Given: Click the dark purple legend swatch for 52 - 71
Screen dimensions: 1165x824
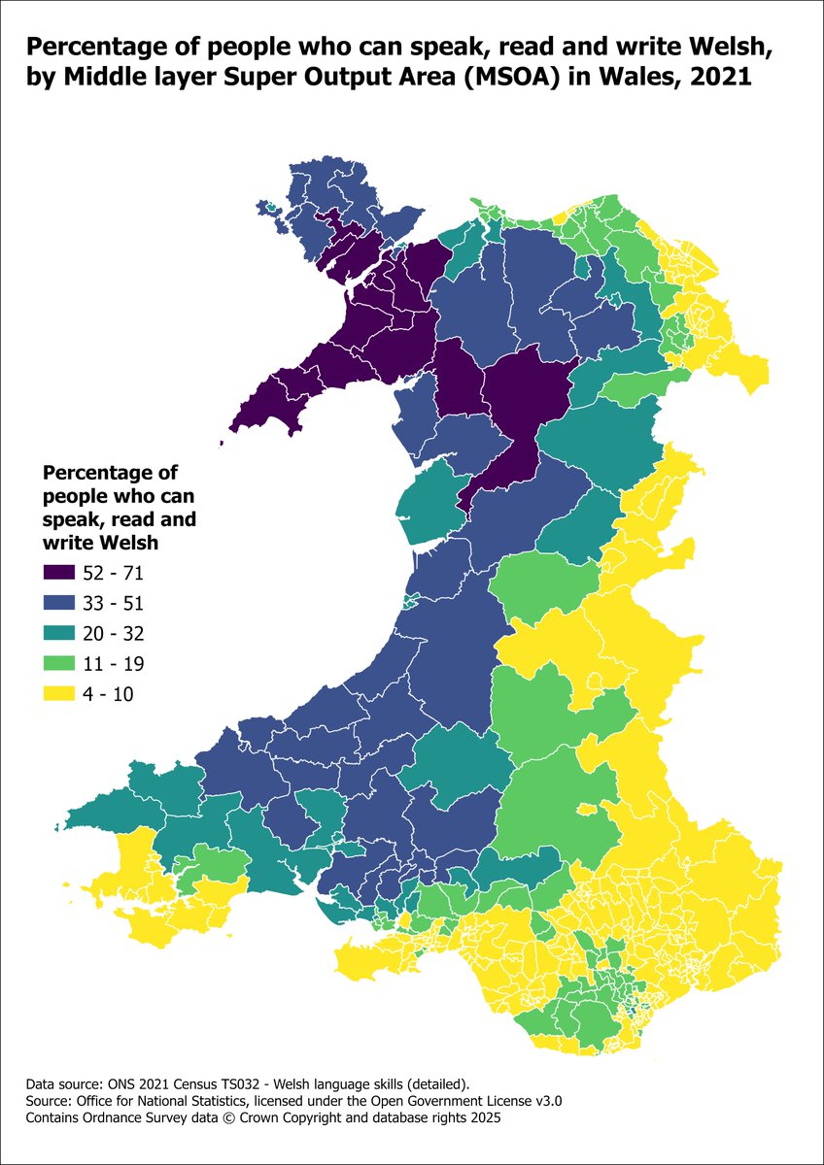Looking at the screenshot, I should coord(60,573).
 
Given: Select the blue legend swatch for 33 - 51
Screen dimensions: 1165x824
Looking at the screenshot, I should coord(60,603).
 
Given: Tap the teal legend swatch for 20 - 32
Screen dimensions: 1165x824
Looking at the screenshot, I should coord(60,633).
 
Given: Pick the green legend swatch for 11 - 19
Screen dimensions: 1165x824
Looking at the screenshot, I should coord(60,664).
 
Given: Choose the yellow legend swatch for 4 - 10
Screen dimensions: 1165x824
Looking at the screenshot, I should coord(60,694).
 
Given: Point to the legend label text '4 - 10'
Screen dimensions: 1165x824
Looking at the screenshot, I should coord(109,694).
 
